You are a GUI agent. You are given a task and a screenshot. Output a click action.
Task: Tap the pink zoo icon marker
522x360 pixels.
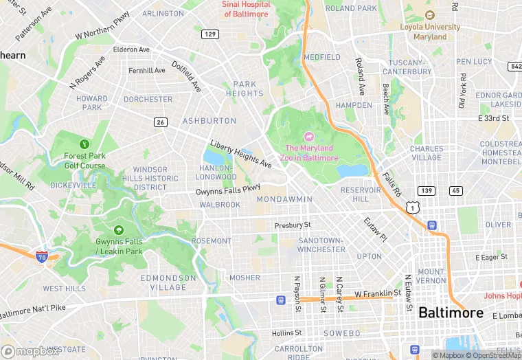[x=309, y=136]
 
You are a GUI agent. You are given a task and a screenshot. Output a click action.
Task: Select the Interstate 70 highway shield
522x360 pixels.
[x=43, y=256]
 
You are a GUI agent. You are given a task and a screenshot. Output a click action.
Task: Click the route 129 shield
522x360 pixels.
[x=210, y=34]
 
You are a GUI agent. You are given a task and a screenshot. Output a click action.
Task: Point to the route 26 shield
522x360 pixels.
[x=160, y=122]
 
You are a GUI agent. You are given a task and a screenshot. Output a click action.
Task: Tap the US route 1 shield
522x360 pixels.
[x=411, y=207]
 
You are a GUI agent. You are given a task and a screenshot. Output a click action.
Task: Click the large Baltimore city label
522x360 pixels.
[x=451, y=313]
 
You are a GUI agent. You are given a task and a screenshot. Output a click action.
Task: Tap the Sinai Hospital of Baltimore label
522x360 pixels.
[x=246, y=9]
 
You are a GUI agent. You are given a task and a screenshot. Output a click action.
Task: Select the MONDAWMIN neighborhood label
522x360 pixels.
[x=284, y=199]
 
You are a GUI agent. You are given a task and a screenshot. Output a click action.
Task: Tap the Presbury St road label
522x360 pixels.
[x=293, y=225]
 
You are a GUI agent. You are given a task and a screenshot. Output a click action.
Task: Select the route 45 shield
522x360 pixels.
[x=456, y=190]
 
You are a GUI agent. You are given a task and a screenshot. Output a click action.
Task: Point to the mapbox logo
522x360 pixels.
[x=30, y=351]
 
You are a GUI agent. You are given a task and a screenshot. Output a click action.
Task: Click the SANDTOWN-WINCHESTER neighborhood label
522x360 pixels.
[x=321, y=245]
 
